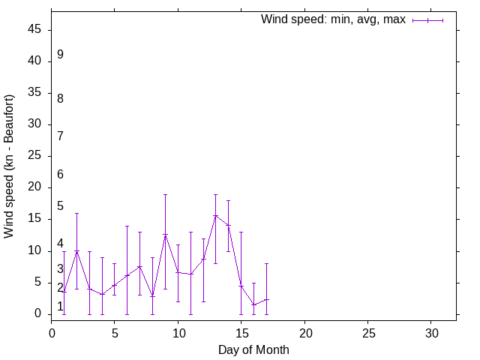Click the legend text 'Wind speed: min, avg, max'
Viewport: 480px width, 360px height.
(x=332, y=19)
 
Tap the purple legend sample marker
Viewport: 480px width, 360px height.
(x=427, y=20)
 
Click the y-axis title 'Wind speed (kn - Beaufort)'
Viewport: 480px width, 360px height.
(x=9, y=166)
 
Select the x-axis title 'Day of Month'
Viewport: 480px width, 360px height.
(x=253, y=349)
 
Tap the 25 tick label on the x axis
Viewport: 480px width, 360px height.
(x=367, y=331)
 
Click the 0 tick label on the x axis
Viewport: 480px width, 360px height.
(x=52, y=331)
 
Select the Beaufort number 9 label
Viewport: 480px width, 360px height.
(x=60, y=55)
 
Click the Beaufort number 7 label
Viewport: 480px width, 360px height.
(x=60, y=136)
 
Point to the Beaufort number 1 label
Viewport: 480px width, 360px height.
(x=60, y=306)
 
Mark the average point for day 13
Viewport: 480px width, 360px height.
(x=216, y=216)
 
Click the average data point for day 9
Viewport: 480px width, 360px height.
(x=165, y=235)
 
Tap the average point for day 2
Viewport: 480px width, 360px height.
(x=76, y=251)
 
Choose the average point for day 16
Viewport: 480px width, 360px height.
(x=253, y=304)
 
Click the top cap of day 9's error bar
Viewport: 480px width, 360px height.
(x=165, y=194)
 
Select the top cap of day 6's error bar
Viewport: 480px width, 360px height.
(x=127, y=226)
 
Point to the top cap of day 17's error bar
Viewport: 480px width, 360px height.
(x=266, y=263)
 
